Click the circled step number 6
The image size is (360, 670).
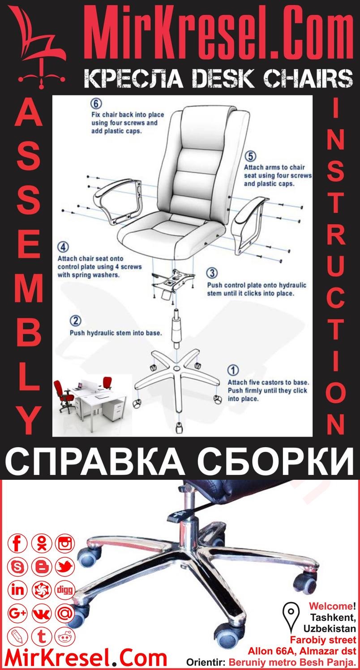[x=95, y=102]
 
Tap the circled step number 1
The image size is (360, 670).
[x=233, y=370]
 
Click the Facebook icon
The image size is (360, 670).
[x=18, y=544]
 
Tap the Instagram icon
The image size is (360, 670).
[x=65, y=544]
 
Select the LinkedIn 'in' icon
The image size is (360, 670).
[x=18, y=590]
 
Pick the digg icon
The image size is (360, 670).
[x=65, y=590]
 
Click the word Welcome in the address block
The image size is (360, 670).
[x=330, y=606]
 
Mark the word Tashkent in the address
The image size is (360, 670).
[x=335, y=617]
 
